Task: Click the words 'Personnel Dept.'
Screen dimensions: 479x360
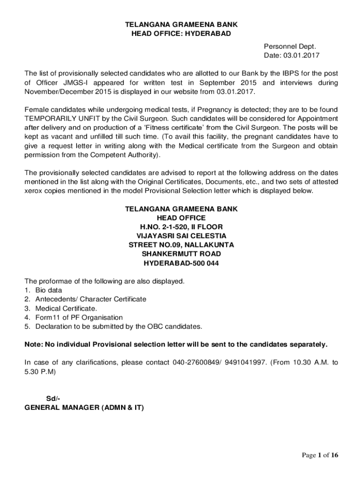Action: [290, 46]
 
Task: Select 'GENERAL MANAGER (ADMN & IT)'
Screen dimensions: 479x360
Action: [84, 408]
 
